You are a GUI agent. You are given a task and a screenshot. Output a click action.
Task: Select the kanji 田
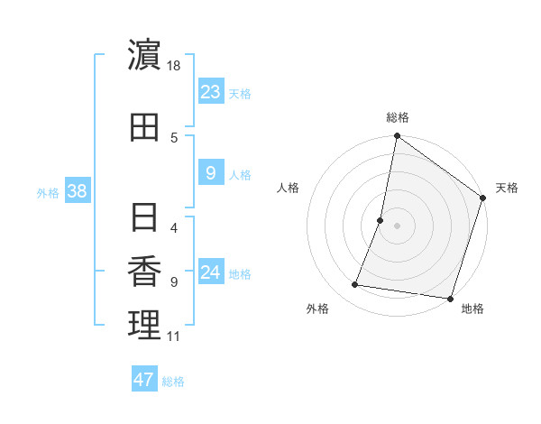click(144, 127)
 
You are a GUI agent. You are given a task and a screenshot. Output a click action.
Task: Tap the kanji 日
click(144, 217)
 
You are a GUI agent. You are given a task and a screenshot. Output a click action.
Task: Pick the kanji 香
click(144, 272)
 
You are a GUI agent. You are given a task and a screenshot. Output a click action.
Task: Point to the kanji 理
click(144, 326)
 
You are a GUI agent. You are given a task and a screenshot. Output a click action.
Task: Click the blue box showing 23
click(210, 91)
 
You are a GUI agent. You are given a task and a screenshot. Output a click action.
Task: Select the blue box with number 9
click(210, 172)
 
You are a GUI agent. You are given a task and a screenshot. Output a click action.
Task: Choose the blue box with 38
click(77, 191)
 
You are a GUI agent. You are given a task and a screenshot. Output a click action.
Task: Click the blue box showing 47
click(144, 380)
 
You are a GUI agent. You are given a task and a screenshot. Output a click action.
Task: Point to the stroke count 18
click(174, 66)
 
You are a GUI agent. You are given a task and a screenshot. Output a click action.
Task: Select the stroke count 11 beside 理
click(173, 336)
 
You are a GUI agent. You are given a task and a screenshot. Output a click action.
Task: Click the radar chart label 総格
click(397, 118)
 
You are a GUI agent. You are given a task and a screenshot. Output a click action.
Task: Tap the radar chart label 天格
click(507, 188)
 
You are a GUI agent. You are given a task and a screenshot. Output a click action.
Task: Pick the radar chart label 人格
click(288, 188)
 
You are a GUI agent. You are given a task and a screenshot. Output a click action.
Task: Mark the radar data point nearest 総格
click(397, 137)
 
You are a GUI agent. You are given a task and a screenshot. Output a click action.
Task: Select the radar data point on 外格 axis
click(355, 285)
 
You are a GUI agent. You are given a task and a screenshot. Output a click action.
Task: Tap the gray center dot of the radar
click(397, 226)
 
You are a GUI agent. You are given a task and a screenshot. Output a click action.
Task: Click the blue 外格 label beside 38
click(48, 192)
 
